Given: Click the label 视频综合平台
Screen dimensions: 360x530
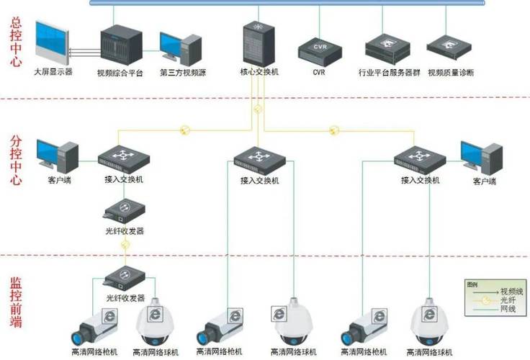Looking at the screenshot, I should tap(120, 73).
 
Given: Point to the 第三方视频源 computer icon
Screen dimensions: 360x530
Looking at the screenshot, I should tap(179, 47).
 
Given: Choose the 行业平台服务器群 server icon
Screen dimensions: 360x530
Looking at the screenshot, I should tap(388, 47).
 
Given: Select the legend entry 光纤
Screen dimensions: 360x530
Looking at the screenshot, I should tap(506, 299).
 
